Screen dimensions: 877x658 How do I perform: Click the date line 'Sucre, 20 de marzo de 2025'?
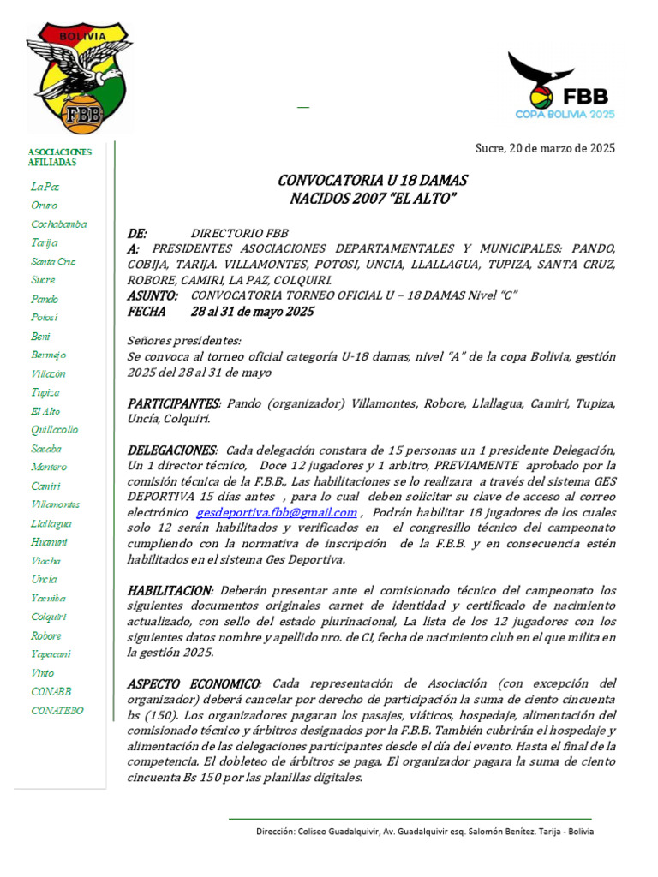545,148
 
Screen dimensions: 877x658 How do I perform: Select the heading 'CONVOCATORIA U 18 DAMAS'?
373,181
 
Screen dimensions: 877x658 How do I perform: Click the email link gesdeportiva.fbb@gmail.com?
277,512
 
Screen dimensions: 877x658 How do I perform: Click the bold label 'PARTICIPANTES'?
173,403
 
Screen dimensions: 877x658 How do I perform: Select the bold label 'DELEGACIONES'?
171,450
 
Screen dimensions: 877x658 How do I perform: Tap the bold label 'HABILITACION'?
169,591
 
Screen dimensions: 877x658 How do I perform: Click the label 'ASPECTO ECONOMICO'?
194,683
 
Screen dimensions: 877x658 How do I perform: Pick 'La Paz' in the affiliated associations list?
45,186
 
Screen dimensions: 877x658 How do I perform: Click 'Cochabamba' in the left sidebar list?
58,224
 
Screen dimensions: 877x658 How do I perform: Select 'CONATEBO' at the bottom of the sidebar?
57,710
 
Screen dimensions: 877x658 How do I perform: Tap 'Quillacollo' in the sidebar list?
54,430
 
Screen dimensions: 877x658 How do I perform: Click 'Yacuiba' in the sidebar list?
48,598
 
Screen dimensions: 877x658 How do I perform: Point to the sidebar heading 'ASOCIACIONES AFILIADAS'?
59,157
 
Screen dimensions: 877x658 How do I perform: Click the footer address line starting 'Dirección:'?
425,832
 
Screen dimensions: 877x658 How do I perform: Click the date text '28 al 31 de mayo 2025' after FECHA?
252,312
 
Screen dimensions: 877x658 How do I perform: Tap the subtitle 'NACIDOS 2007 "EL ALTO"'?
373,199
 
